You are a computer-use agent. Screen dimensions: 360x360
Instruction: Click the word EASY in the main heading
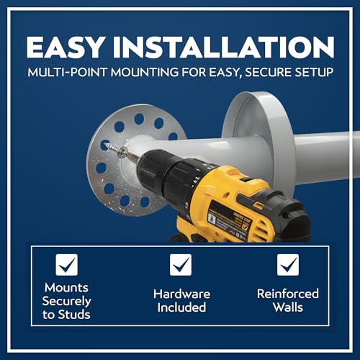point(65,47)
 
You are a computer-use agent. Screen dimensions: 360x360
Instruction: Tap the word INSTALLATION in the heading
point(224,47)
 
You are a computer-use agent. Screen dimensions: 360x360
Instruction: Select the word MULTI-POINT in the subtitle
point(67,72)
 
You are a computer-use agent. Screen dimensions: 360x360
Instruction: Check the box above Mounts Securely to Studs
point(67,265)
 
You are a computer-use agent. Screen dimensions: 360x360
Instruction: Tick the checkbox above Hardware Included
point(181,265)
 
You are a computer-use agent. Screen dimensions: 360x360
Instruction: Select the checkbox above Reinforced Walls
point(288,265)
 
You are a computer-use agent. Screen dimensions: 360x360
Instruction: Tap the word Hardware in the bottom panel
point(181,294)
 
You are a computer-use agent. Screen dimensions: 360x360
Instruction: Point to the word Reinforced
point(288,294)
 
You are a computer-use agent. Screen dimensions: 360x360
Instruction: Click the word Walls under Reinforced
point(288,307)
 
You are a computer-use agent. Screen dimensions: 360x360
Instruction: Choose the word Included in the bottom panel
point(181,307)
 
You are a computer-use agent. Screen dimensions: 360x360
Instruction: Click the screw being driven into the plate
point(116,150)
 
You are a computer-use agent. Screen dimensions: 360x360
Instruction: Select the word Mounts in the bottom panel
point(66,287)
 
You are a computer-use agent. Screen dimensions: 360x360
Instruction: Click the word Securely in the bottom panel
point(66,302)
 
